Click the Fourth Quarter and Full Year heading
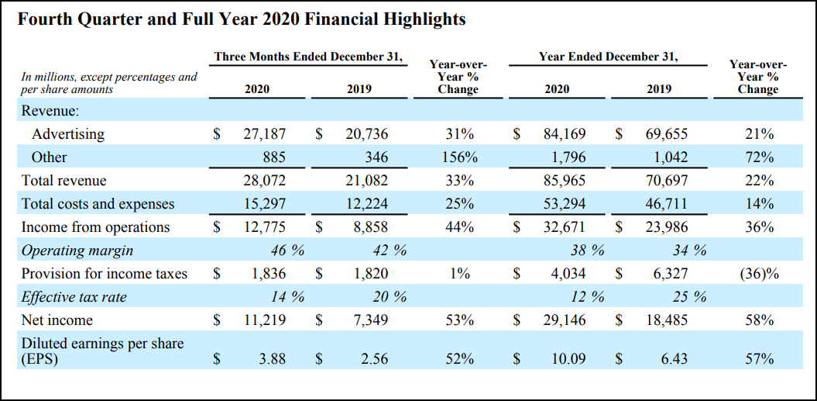point(242,20)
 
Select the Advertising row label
point(67,134)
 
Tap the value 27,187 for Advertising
point(264,134)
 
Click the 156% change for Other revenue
point(459,157)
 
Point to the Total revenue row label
point(64,181)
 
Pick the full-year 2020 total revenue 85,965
point(565,181)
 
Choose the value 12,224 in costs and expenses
point(366,204)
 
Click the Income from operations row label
point(95,227)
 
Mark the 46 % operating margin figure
point(287,251)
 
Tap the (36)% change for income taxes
point(758,274)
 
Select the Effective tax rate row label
point(74,297)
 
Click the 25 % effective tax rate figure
point(688,297)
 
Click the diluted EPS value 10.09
point(568,359)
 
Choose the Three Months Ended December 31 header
point(310,57)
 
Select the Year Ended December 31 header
point(609,57)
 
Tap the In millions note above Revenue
point(109,83)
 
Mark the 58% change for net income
point(758,320)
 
